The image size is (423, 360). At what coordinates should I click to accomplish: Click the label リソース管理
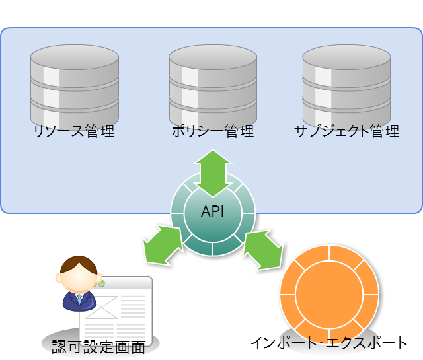[x=74, y=131]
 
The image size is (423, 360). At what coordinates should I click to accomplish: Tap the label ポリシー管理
[x=212, y=131]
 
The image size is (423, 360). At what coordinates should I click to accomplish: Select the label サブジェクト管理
[x=346, y=131]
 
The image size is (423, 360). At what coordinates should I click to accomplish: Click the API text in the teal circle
[x=213, y=212]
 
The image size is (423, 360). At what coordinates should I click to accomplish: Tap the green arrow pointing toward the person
[x=163, y=244]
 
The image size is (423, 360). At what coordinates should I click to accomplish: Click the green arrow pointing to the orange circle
[x=263, y=249]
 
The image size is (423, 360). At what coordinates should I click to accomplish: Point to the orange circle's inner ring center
[x=328, y=291]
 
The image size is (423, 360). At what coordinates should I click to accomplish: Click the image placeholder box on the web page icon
[x=101, y=308]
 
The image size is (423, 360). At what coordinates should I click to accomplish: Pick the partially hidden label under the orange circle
[x=329, y=342]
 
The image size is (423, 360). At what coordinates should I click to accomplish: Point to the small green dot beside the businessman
[x=101, y=283]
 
